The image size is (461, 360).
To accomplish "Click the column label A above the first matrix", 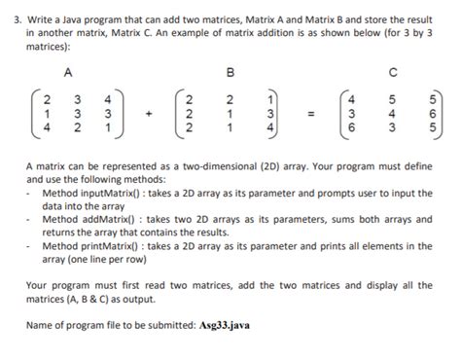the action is click(x=66, y=71).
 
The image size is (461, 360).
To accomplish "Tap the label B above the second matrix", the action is click(x=230, y=71).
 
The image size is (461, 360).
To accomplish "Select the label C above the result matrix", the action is click(x=394, y=71).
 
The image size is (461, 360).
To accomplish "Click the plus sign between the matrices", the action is click(x=150, y=113).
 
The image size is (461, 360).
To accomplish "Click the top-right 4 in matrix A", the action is click(x=109, y=98).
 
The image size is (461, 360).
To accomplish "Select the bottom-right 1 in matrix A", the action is click(x=109, y=126).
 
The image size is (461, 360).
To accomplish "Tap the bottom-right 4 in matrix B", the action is click(x=269, y=126).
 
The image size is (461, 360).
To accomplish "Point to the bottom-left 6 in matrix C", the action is click(x=356, y=126).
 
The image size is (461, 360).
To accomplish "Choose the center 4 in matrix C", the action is click(x=393, y=113).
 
